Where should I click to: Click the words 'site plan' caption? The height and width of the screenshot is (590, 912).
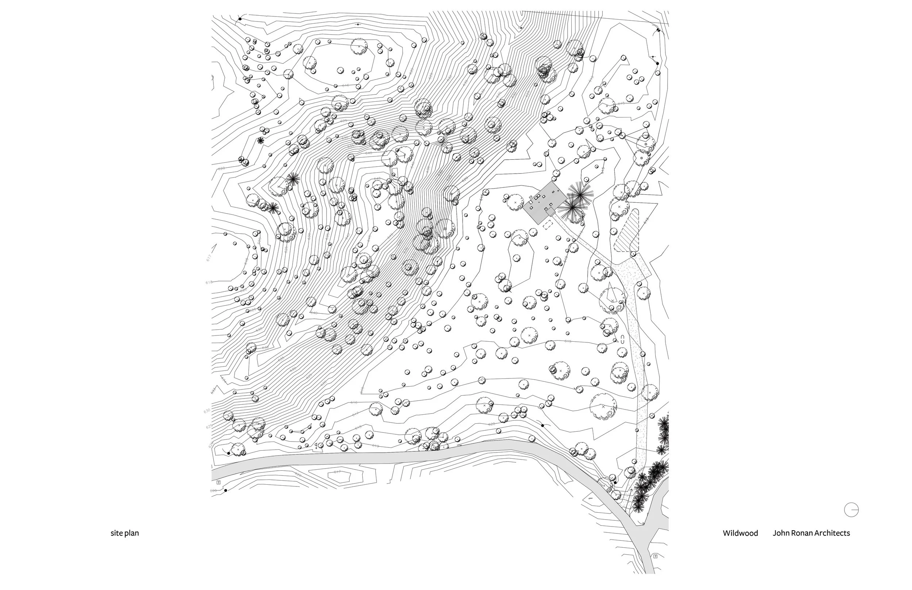point(124,533)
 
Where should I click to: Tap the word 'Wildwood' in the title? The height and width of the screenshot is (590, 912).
point(740,533)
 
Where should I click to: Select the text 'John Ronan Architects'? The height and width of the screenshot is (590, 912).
point(811,533)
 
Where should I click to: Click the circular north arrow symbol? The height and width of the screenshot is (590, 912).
point(851,509)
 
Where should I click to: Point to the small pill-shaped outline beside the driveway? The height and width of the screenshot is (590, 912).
point(623,339)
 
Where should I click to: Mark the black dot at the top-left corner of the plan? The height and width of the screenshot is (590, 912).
point(240,18)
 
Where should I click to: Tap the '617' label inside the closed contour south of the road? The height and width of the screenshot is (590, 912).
point(337,472)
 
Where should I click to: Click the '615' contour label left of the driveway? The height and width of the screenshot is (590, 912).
point(568,341)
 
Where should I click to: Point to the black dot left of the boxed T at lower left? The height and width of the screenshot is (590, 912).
point(225,490)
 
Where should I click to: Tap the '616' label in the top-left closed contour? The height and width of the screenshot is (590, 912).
point(345,85)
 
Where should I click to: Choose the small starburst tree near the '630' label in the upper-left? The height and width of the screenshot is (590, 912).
point(260,140)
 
